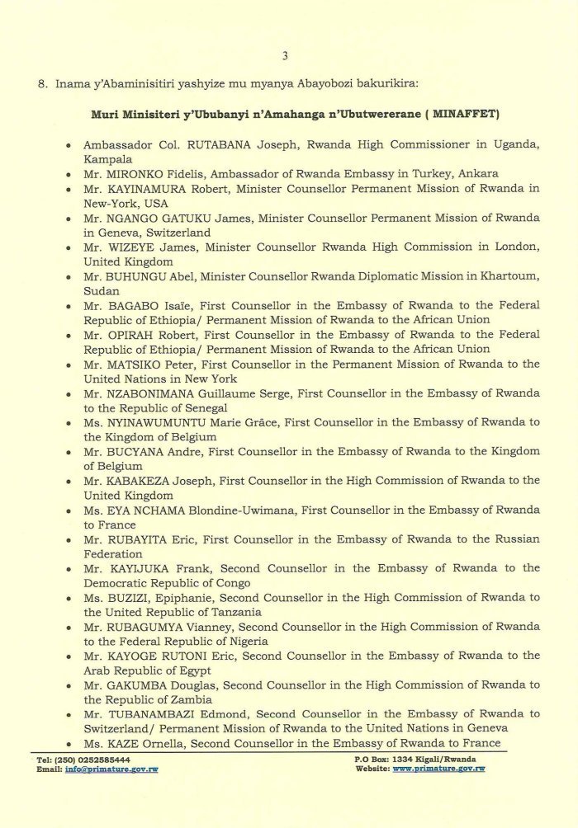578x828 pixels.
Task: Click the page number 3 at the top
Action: coord(285,56)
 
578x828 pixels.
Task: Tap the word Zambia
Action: coord(198,699)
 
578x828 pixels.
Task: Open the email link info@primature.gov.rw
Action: coord(111,769)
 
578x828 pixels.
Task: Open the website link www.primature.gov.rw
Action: coord(438,769)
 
